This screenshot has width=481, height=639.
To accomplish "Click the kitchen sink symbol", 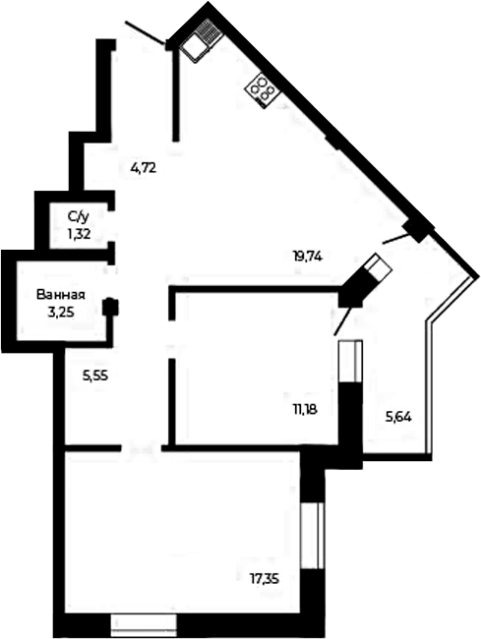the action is coord(201,40).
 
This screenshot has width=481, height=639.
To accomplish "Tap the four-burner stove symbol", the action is coord(262,90).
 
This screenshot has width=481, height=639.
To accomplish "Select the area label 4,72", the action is coord(144,168).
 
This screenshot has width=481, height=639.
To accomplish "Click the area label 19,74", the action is coord(308,257).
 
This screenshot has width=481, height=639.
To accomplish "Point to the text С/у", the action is coord(79,217).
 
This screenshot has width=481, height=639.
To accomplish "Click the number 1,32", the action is coord(79,234).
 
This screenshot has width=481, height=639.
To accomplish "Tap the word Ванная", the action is coord(61,295).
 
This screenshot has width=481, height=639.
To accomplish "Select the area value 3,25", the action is coord(61,313).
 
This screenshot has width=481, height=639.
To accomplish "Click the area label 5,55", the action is coord(95,377).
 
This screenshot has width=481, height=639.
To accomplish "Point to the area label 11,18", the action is coord(305,410).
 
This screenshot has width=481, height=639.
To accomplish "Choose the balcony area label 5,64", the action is coord(398,417).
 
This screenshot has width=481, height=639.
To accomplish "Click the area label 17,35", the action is coord(265,578).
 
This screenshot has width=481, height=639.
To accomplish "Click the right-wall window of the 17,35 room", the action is coord(312,535).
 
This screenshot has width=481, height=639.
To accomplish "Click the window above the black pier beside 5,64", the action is coord(350,361).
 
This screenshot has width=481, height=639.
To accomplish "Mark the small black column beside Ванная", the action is coord(110,306).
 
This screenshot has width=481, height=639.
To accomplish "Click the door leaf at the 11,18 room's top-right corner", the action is coord(343,320).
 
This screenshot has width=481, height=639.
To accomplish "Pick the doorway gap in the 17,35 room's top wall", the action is coord(142,448).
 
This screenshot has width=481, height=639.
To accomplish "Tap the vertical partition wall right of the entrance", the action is coord(176,95).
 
